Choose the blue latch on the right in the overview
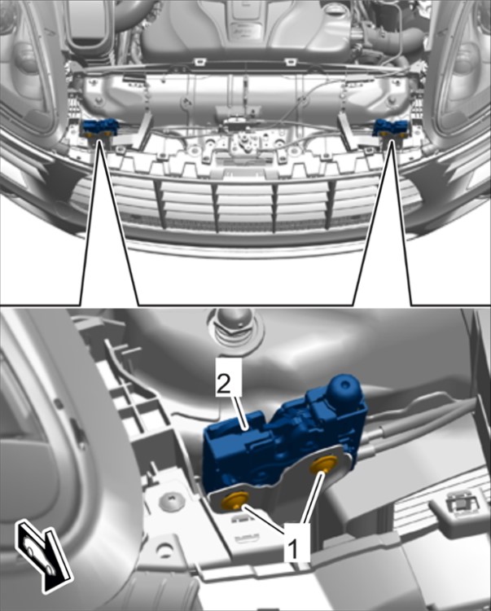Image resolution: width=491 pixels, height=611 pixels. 390,128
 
